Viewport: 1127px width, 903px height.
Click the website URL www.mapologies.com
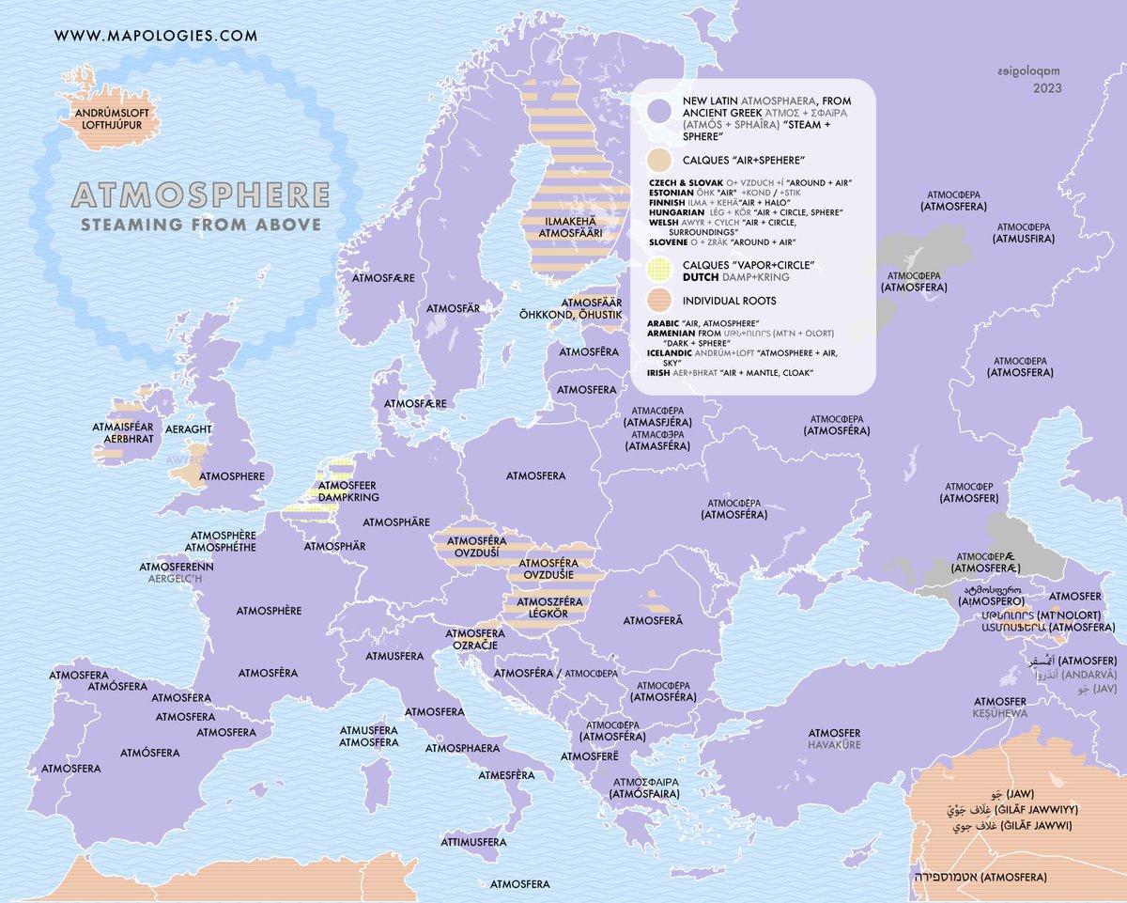click(x=156, y=37)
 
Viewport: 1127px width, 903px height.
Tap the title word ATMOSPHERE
click(x=201, y=195)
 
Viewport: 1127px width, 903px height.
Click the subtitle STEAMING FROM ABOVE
click(x=201, y=225)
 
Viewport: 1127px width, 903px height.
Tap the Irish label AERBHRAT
click(x=129, y=438)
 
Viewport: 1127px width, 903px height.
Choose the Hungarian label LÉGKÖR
click(x=536, y=612)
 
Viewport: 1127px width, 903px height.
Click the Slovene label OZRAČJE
click(x=475, y=646)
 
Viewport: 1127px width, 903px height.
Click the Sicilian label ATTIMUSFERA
click(x=473, y=842)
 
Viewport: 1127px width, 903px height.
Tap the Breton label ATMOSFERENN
click(x=177, y=567)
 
